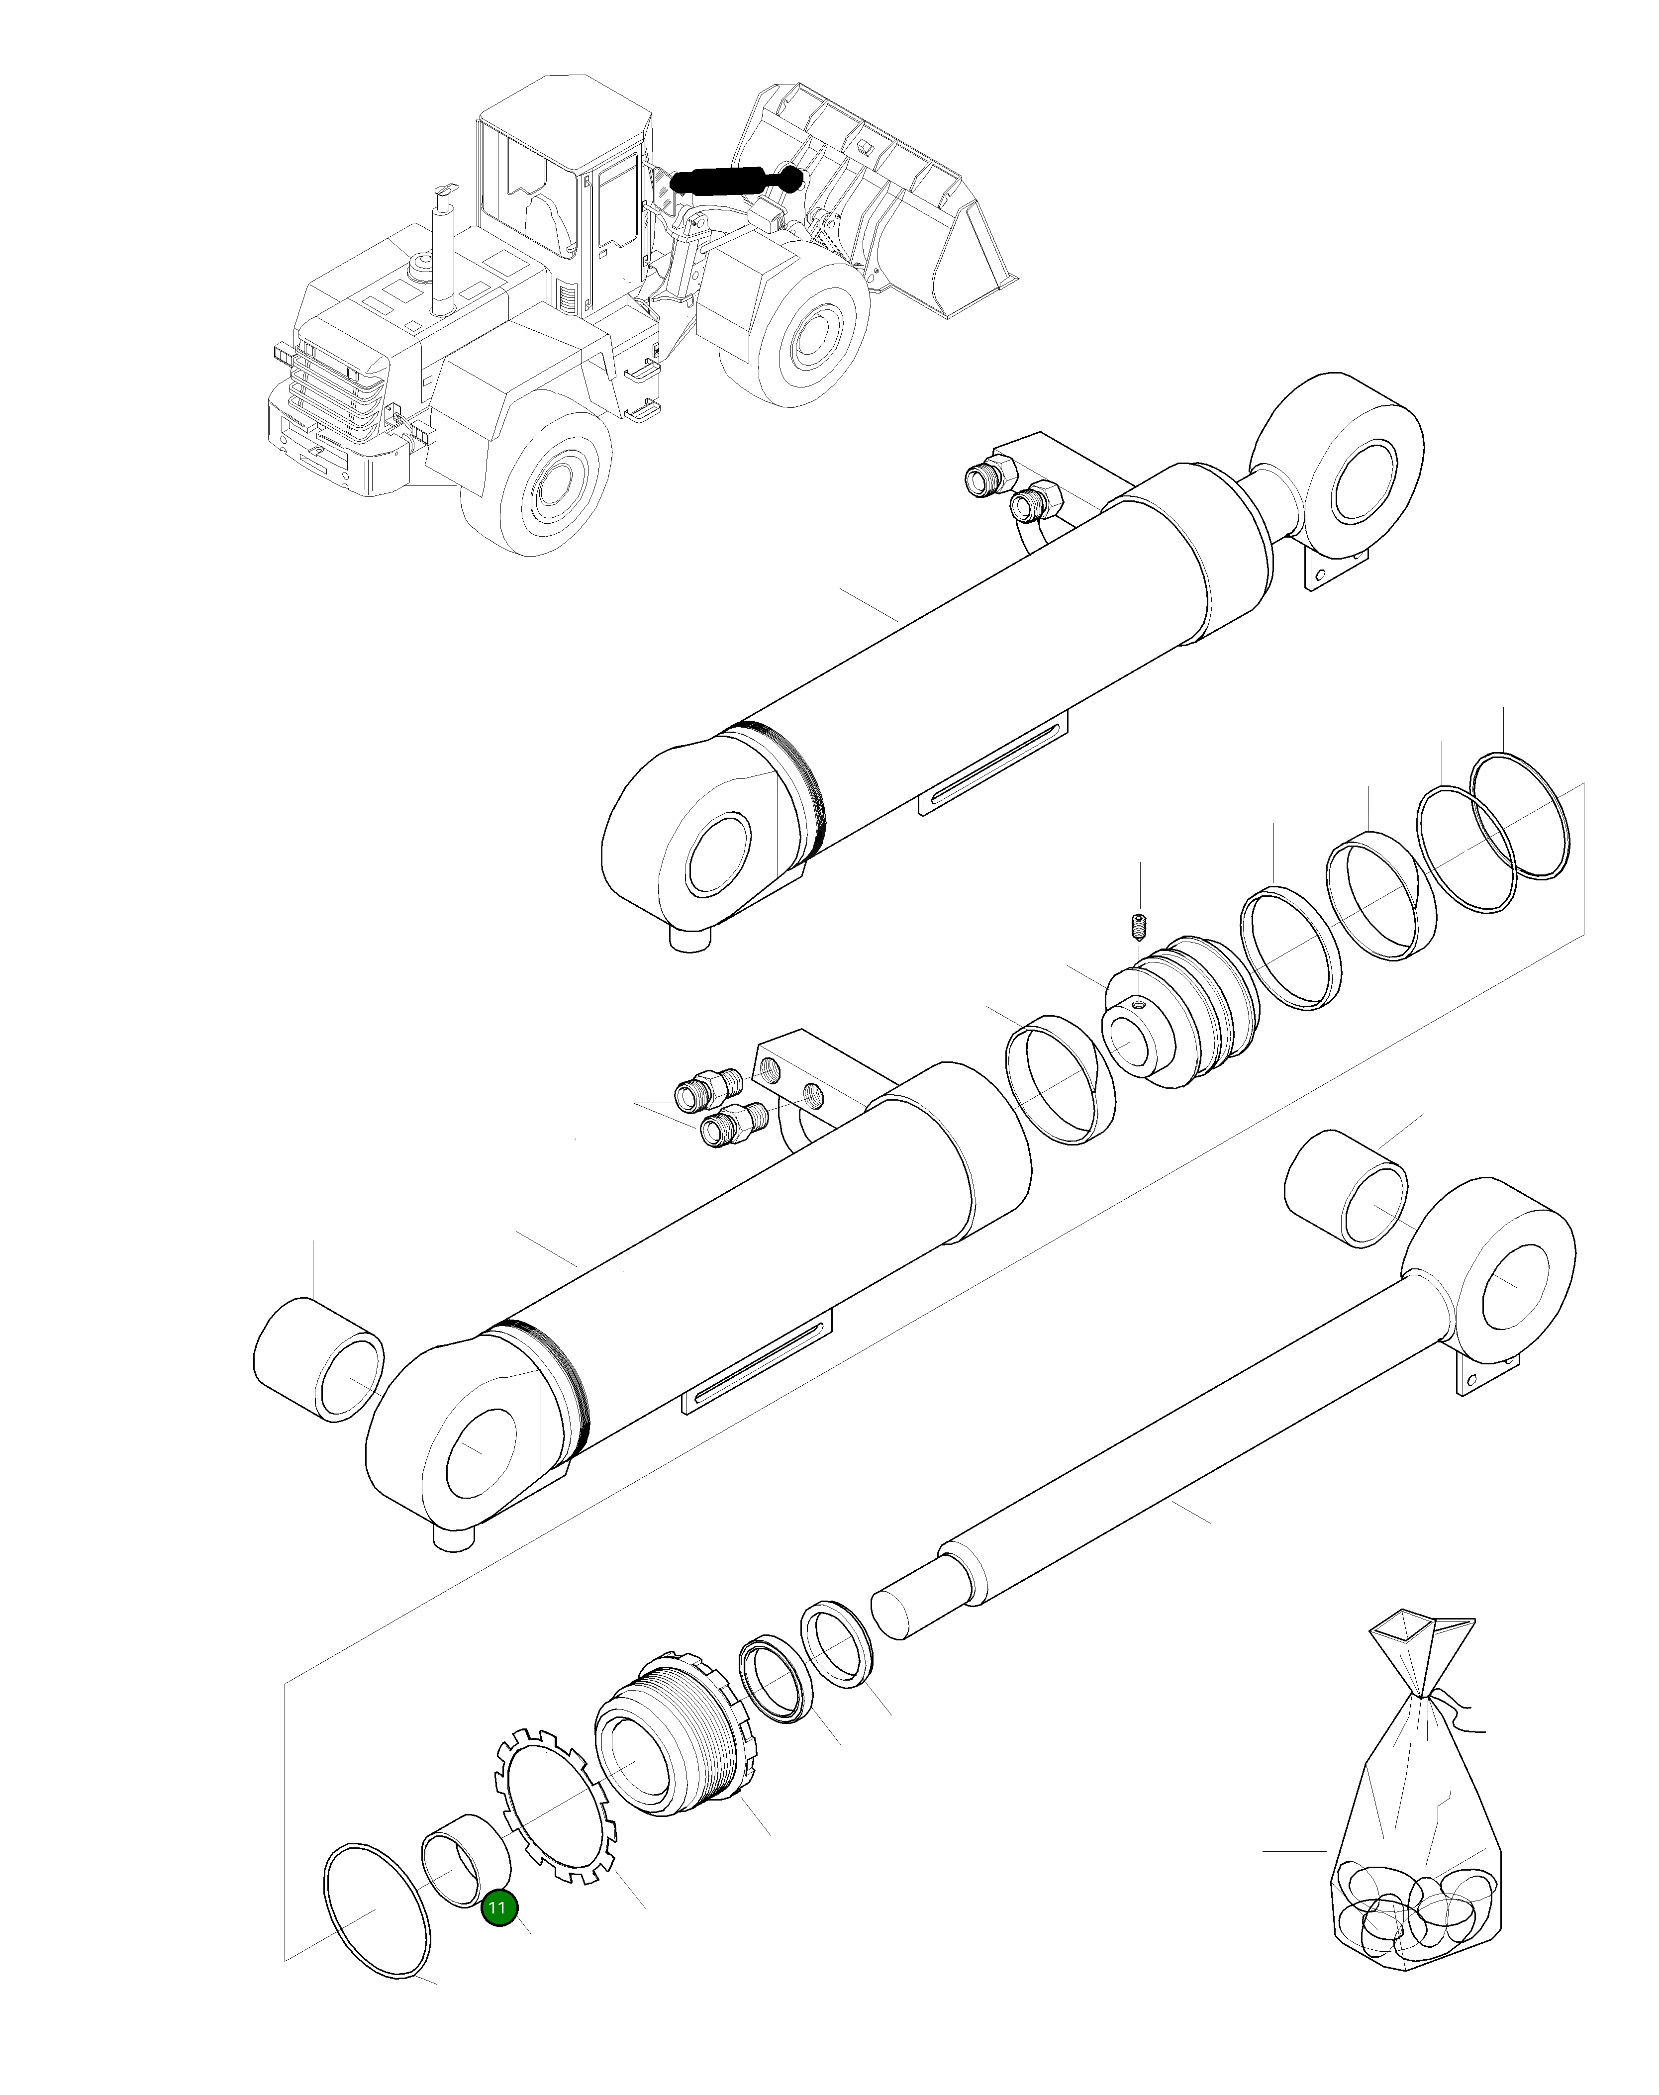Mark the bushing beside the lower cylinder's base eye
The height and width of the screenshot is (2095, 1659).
(318, 1360)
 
